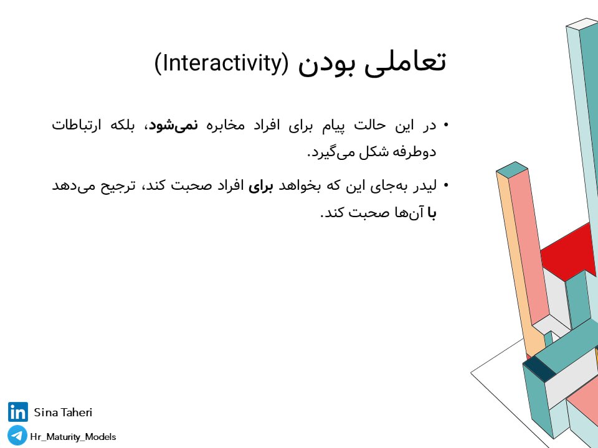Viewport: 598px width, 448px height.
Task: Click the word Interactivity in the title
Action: pyautogui.click(x=221, y=63)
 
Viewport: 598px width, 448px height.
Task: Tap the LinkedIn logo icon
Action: pyautogui.click(x=17, y=412)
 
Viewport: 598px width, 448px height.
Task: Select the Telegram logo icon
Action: pyautogui.click(x=17, y=436)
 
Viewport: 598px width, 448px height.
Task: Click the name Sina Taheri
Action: pyautogui.click(x=63, y=412)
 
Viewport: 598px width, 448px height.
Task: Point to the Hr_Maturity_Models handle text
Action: pyautogui.click(x=73, y=437)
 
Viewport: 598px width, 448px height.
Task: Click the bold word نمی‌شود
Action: pyautogui.click(x=174, y=125)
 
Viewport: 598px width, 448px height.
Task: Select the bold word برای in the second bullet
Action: pyautogui.click(x=261, y=187)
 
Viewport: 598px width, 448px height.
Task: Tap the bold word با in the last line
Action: pyautogui.click(x=432, y=213)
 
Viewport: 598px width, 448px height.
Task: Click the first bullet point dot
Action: pyautogui.click(x=446, y=125)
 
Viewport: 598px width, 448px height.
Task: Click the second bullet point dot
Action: pyautogui.click(x=446, y=186)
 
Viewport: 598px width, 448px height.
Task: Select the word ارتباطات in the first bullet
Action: pyautogui.click(x=76, y=125)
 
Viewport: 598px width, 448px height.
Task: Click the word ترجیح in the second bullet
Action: pyautogui.click(x=118, y=187)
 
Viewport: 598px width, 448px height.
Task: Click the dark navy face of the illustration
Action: pyautogui.click(x=539, y=368)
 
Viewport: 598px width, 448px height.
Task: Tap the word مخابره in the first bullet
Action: pyautogui.click(x=225, y=125)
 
